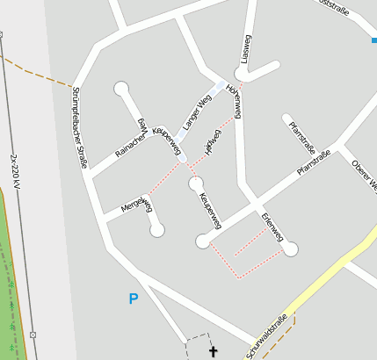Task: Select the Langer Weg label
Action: tap(198, 112)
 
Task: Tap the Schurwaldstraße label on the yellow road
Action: tap(266, 338)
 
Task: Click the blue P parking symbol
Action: tap(134, 299)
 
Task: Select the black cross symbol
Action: tap(212, 352)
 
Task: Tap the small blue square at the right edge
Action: tap(373, 39)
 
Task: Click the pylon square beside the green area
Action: tap(33, 335)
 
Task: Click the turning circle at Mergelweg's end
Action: tap(157, 230)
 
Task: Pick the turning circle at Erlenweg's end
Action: tap(292, 249)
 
